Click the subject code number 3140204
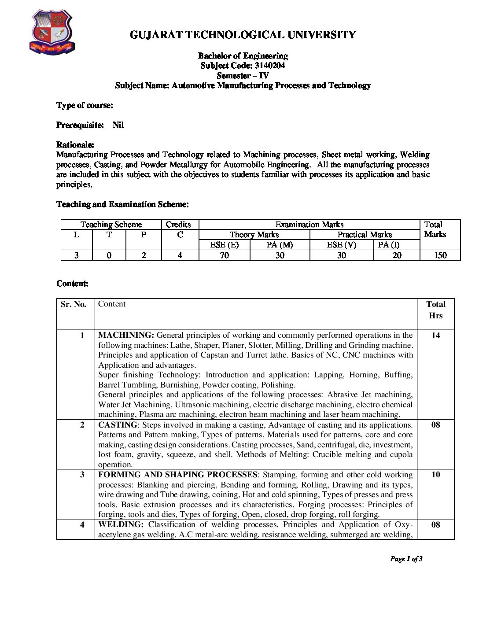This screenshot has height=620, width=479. pos(269,66)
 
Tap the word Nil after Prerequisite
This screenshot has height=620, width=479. pos(118,125)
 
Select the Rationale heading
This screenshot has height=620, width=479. pos(75,145)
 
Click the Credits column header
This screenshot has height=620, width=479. pos(178,225)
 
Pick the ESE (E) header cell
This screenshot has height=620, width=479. pos(224,245)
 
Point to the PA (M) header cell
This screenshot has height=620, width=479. pos(280,245)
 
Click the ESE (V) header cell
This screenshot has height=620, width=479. pos(341,245)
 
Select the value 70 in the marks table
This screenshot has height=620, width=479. pos(224,255)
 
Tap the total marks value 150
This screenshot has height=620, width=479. pos(440,255)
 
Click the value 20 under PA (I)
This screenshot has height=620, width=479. pos(397,255)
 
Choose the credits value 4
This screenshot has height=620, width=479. pos(180,255)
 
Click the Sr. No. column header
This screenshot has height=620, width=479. pos(74,304)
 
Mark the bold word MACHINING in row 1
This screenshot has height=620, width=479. pos(126,335)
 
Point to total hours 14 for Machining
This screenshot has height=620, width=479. pos(435,336)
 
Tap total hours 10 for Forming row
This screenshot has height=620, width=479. pos(435,475)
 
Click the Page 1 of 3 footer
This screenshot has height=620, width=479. pos(406,559)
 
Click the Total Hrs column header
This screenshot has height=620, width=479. pos(435,310)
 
